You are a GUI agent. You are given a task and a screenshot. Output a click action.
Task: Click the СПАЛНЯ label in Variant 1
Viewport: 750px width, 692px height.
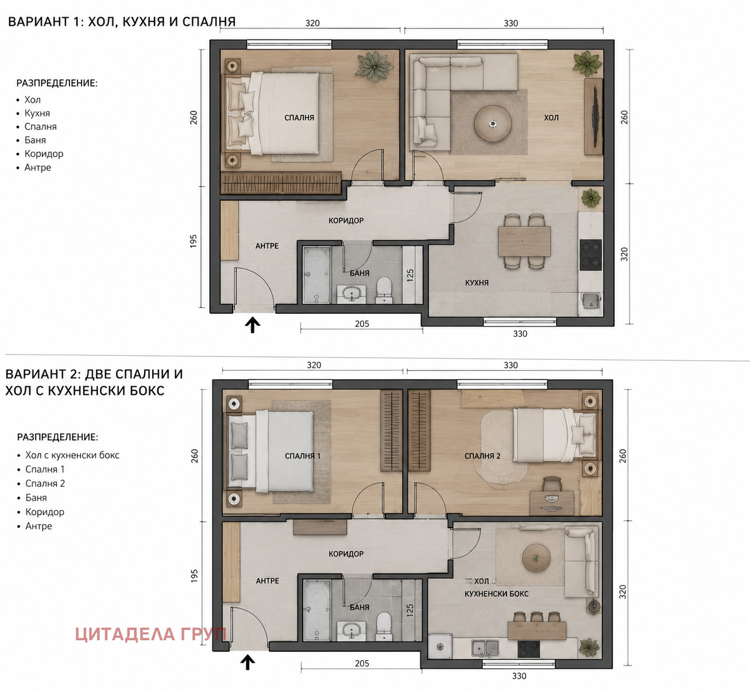point(299,118)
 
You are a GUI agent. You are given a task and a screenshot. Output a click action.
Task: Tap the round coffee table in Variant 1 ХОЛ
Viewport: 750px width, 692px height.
point(493,123)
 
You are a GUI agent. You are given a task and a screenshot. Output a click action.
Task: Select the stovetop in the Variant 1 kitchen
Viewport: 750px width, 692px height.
point(590,255)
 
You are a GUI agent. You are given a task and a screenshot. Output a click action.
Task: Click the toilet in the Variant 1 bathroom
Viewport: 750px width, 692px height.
point(384,289)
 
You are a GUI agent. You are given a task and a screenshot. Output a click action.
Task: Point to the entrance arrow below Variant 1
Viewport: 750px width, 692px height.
point(253,325)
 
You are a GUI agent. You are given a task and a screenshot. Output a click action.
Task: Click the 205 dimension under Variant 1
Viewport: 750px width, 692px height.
point(362,324)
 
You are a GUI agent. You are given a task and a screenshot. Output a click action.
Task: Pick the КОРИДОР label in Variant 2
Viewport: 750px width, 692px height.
point(346,553)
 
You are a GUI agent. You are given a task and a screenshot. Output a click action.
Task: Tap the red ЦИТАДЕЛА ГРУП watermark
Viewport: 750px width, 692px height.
point(150,634)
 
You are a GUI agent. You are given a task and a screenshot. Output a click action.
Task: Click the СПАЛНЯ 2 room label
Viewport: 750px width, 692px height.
point(482,456)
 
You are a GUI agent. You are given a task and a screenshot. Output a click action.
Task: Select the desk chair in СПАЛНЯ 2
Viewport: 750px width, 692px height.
point(552,484)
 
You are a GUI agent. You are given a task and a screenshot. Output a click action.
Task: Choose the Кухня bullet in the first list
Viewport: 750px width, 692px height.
point(37,113)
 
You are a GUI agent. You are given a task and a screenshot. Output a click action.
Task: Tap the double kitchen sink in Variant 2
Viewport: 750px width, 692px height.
point(486,648)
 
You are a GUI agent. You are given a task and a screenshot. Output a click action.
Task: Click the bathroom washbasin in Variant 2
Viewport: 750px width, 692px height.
point(351,631)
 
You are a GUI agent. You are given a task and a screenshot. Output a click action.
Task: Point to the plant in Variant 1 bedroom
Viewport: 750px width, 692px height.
point(374,66)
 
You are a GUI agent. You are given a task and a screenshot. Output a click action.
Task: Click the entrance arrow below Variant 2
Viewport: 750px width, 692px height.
point(248,663)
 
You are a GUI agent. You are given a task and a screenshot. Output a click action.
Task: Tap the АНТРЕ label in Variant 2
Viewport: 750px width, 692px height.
point(268,580)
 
